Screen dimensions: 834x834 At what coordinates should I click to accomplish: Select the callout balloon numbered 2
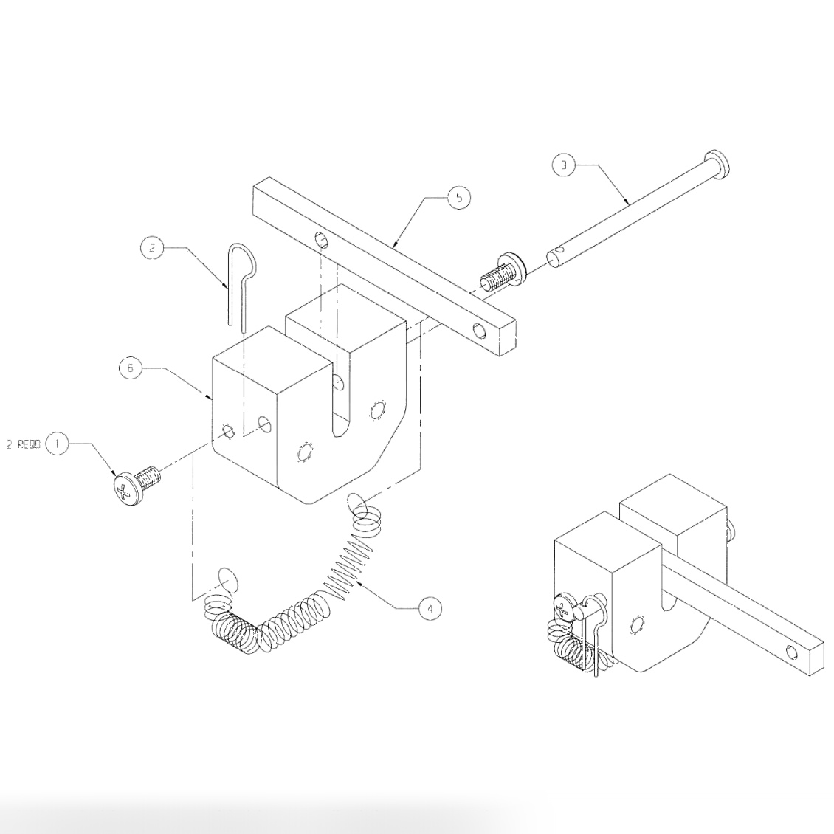click(151, 248)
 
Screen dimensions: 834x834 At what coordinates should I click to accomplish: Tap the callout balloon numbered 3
click(563, 165)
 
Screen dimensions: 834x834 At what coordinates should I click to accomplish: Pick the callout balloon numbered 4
click(430, 608)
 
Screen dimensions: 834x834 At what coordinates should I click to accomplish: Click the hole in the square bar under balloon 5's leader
click(321, 239)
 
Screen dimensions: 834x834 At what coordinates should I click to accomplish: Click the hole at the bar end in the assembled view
click(792, 652)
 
